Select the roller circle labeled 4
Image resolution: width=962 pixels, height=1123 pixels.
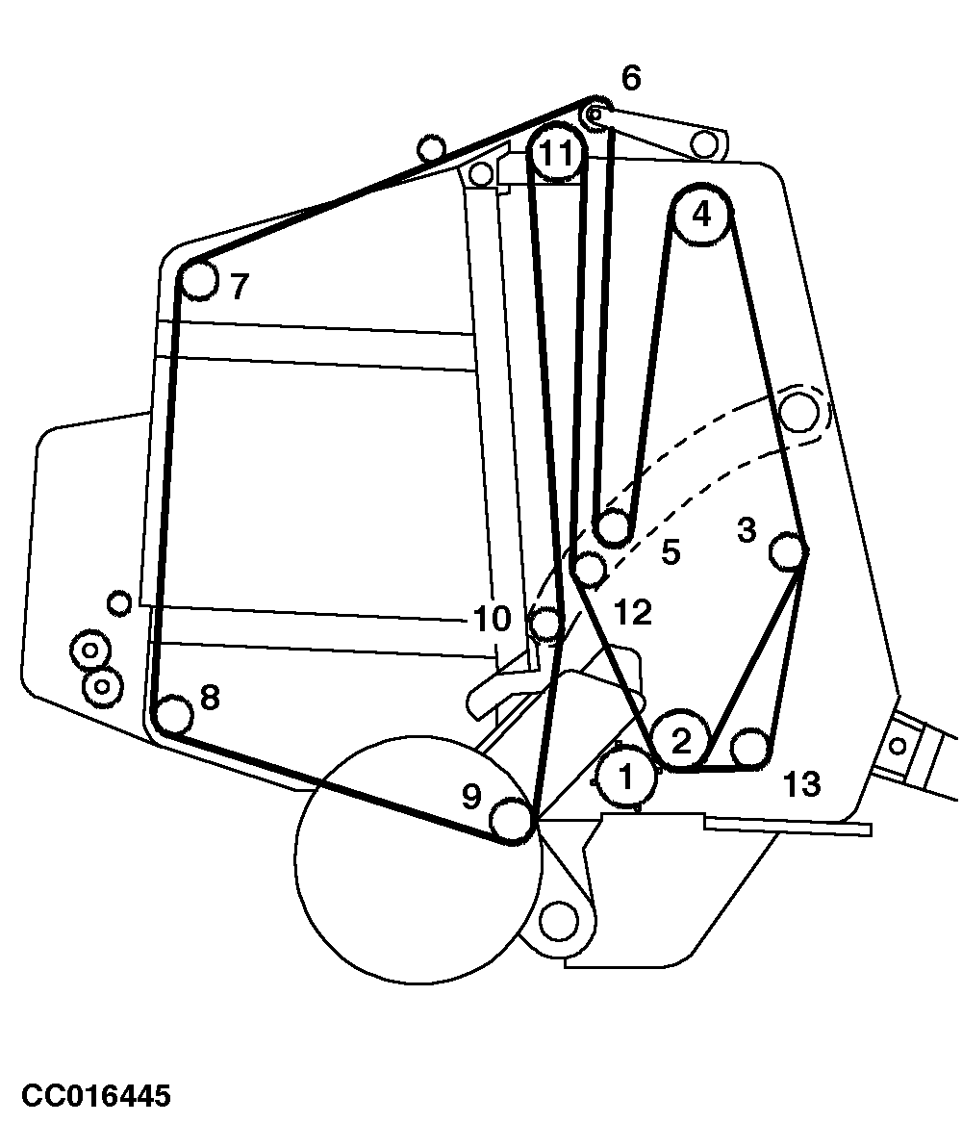click(701, 215)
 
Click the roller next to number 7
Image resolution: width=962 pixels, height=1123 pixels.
click(198, 280)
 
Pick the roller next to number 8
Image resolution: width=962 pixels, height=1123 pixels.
click(174, 715)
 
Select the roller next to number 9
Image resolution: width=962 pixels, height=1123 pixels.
click(511, 821)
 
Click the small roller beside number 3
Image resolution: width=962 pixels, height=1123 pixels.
click(787, 551)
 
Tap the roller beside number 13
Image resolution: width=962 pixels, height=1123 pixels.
click(749, 747)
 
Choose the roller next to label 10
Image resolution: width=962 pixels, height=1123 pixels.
click(546, 624)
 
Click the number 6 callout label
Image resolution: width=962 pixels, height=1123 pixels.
click(630, 79)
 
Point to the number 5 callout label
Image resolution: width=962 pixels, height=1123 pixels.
click(671, 551)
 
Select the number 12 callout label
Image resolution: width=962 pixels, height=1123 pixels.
click(631, 612)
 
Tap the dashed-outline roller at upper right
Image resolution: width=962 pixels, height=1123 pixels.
click(797, 411)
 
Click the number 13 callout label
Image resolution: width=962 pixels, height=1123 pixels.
click(801, 785)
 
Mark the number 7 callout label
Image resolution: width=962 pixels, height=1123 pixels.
click(240, 287)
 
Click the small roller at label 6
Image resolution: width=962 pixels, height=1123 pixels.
click(594, 115)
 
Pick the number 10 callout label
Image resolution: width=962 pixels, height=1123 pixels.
click(492, 620)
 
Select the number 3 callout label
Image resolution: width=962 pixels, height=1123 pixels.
click(747, 531)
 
